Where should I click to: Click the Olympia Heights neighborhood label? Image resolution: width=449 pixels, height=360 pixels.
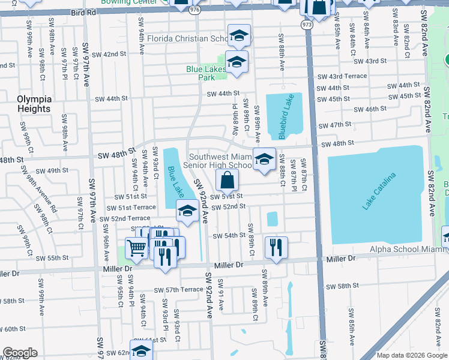click(34, 104)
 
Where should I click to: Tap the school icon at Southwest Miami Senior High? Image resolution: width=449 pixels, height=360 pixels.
click(264, 159)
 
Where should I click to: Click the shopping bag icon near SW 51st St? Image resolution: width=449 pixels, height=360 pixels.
click(228, 180)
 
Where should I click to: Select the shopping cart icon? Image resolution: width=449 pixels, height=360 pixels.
click(136, 248)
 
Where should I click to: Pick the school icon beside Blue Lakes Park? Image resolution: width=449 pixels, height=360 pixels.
click(237, 62)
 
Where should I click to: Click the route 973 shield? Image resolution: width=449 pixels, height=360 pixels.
click(307, 25)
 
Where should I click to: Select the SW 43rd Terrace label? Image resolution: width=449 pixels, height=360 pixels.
click(342, 76)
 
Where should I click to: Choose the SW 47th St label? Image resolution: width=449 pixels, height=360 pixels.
click(335, 124)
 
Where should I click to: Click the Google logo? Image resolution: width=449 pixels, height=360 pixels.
click(20, 353)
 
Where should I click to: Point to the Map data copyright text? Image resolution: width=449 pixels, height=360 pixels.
click(411, 355)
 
